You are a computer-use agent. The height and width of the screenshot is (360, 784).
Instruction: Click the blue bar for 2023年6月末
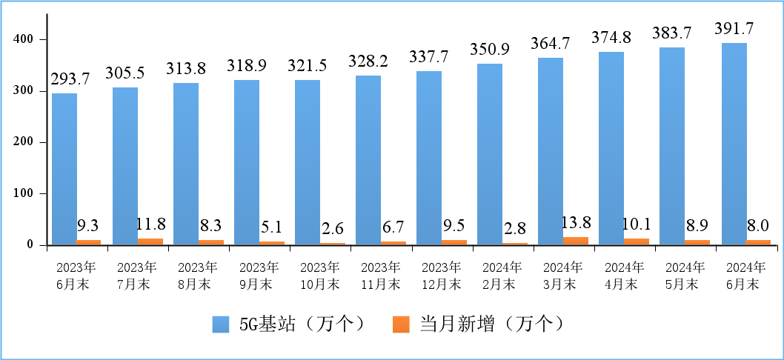click(64, 169)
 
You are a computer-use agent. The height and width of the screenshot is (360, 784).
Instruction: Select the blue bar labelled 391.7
click(734, 144)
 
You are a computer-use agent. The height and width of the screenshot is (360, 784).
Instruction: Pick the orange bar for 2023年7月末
click(150, 241)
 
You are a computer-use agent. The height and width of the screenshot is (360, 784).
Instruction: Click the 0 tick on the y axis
click(33, 244)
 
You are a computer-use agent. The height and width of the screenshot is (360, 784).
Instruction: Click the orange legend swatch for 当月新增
click(401, 324)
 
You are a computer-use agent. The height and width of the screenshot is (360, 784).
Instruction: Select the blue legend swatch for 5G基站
click(222, 324)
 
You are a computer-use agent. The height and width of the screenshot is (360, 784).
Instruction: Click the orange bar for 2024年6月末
click(758, 242)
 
